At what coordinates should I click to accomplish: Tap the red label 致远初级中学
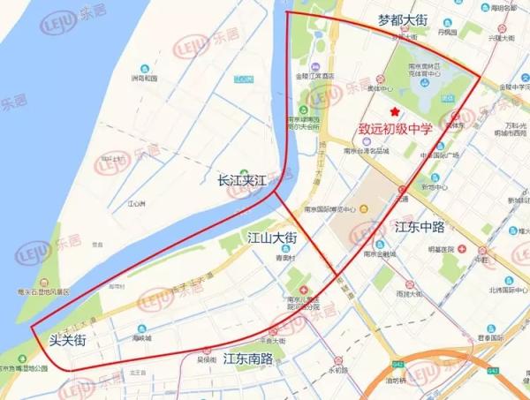[395, 129]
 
